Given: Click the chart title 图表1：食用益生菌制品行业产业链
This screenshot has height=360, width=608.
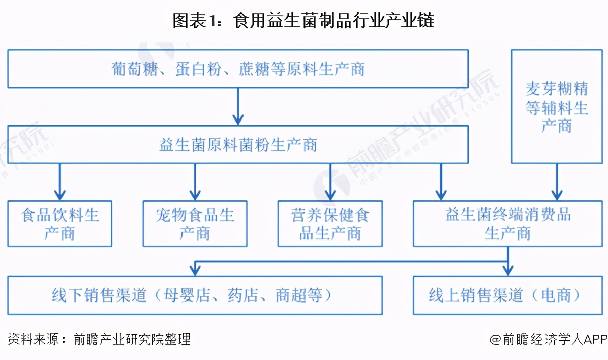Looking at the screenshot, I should pyautogui.click(x=303, y=21).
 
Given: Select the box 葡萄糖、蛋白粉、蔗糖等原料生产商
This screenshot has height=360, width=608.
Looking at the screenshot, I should pyautogui.click(x=238, y=69).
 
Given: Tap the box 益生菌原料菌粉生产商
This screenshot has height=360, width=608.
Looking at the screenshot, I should pyautogui.click(x=238, y=145).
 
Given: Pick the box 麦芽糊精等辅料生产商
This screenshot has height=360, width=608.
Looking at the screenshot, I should pyautogui.click(x=557, y=106).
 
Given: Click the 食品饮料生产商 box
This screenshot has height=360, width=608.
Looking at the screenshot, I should pyautogui.click(x=59, y=223).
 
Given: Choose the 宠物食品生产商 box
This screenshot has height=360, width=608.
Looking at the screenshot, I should pyautogui.click(x=195, y=223).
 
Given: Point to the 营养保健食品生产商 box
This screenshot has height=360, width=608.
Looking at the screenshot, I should pyautogui.click(x=330, y=223).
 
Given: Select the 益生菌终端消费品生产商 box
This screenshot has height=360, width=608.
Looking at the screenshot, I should pyautogui.click(x=508, y=223).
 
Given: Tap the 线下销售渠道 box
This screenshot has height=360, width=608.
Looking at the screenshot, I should pyautogui.click(x=195, y=295).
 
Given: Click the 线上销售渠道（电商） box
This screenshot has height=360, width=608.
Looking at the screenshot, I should pyautogui.click(x=508, y=295).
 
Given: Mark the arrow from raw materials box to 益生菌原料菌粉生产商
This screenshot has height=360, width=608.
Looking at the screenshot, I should pyautogui.click(x=238, y=107).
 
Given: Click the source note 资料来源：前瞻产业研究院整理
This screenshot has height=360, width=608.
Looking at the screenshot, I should pyautogui.click(x=99, y=339).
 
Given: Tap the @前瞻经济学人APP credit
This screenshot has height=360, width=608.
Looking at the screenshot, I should pyautogui.click(x=548, y=339).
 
